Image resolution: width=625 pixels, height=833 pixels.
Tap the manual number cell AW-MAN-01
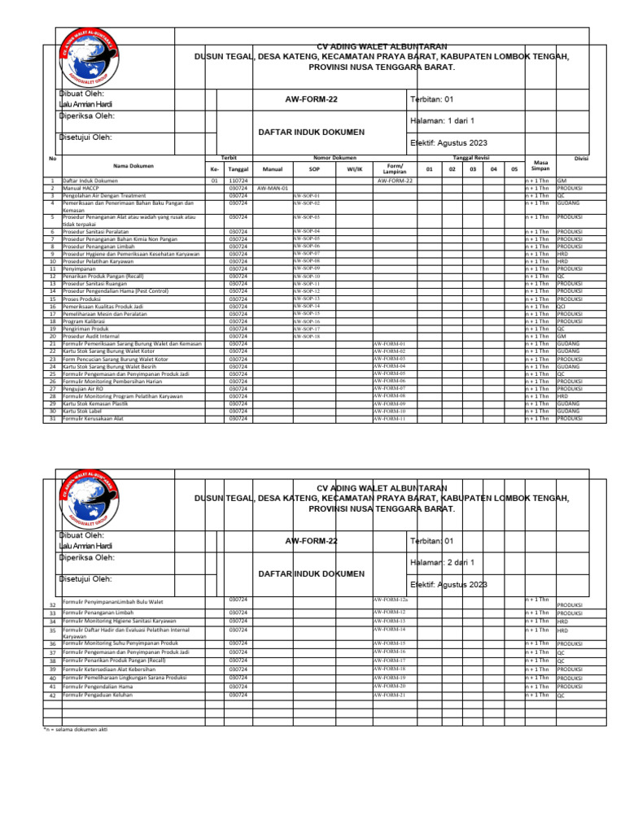click(273, 188)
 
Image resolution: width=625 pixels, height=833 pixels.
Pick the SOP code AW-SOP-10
click(306, 276)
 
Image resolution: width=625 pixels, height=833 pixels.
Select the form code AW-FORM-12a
click(391, 600)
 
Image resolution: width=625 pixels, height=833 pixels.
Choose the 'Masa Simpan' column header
click(540, 165)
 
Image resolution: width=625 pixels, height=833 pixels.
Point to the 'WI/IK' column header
click(354, 169)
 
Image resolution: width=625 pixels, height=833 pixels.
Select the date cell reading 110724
click(238, 181)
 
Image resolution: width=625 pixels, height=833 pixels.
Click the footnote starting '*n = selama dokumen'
click(75, 730)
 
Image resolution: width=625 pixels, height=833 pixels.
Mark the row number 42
click(52, 696)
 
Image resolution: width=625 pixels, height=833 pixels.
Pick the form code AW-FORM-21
click(389, 696)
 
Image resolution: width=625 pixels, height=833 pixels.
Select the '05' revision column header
click(514, 169)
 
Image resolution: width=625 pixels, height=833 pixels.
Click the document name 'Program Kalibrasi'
click(87, 321)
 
